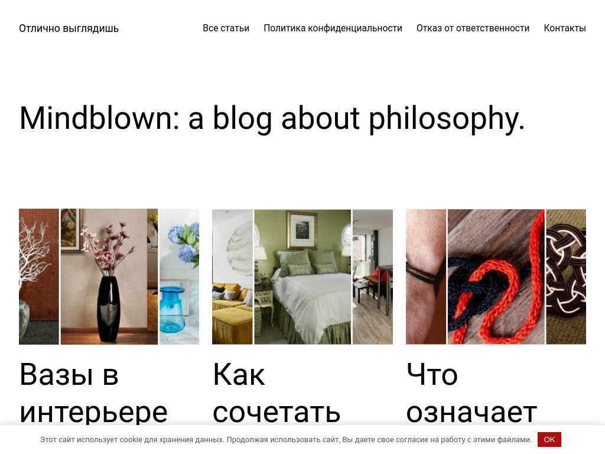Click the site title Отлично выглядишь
coord(69,28)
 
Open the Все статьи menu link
coord(226,28)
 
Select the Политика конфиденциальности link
coord(333,28)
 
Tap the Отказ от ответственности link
coord(473,28)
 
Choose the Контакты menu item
coord(564,28)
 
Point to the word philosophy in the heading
coord(446,119)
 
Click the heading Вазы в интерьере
coord(93,393)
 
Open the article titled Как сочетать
coord(276,393)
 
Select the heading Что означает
coord(471,393)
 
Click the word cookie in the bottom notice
coord(130,440)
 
